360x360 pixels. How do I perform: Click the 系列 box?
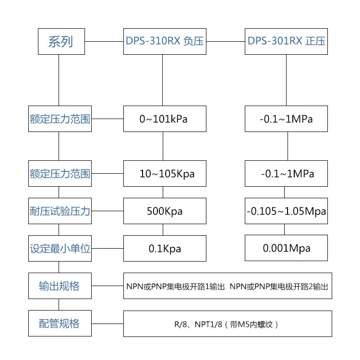pyautogui.click(x=61, y=41)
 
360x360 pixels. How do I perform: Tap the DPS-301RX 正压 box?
pyautogui.click(x=287, y=41)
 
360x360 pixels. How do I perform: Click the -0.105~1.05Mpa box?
pyautogui.click(x=287, y=211)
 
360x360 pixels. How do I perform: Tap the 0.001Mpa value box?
pyautogui.click(x=287, y=248)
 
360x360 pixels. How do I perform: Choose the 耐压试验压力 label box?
pyautogui.click(x=60, y=211)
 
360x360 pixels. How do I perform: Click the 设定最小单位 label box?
pyautogui.click(x=60, y=249)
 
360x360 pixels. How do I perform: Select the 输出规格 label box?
pyautogui.click(x=60, y=286)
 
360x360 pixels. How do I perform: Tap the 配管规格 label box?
pyautogui.click(x=60, y=324)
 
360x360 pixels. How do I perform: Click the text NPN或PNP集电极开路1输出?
pyautogui.click(x=175, y=287)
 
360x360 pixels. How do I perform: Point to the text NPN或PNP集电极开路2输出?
pyautogui.click(x=279, y=287)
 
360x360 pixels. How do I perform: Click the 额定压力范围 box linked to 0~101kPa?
pyautogui.click(x=60, y=119)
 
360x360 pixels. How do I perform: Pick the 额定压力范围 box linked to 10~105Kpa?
pyautogui.click(x=60, y=173)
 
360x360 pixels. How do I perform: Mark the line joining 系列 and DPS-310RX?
pyautogui.click(x=104, y=41)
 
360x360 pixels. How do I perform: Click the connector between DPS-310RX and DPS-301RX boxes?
pyautogui.click(x=226, y=41)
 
